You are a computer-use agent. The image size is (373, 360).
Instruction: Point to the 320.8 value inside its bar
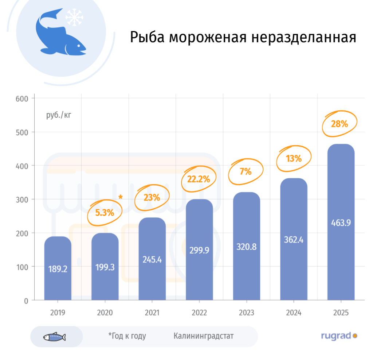pos(246,247)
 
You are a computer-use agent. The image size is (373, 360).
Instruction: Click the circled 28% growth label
pos(339,124)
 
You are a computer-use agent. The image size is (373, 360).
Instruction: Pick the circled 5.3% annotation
pos(105,213)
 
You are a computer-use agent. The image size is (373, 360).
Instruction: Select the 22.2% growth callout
pos(199,179)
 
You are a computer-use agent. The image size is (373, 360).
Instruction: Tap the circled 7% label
pos(246,171)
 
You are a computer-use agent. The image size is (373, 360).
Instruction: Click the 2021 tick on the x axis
pos(152,313)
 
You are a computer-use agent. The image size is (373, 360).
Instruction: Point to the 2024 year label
pos(293,313)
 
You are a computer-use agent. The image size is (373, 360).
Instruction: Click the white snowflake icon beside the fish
pos(74,17)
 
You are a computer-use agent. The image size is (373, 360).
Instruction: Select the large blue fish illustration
pos(60,35)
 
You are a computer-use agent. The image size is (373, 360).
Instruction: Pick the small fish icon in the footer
pos(54,336)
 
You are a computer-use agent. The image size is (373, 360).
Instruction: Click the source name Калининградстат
pos(204,336)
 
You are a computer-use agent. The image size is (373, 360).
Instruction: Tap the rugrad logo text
pos(336,336)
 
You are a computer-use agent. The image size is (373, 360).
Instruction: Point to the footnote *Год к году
pos(127,336)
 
